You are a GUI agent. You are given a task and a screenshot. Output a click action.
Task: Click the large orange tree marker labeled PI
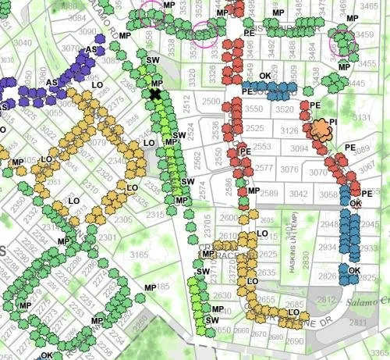320,130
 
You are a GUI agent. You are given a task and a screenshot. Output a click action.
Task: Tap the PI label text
333,122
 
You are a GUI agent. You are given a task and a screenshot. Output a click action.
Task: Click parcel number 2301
108,237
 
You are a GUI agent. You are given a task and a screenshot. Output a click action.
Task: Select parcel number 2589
270,193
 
